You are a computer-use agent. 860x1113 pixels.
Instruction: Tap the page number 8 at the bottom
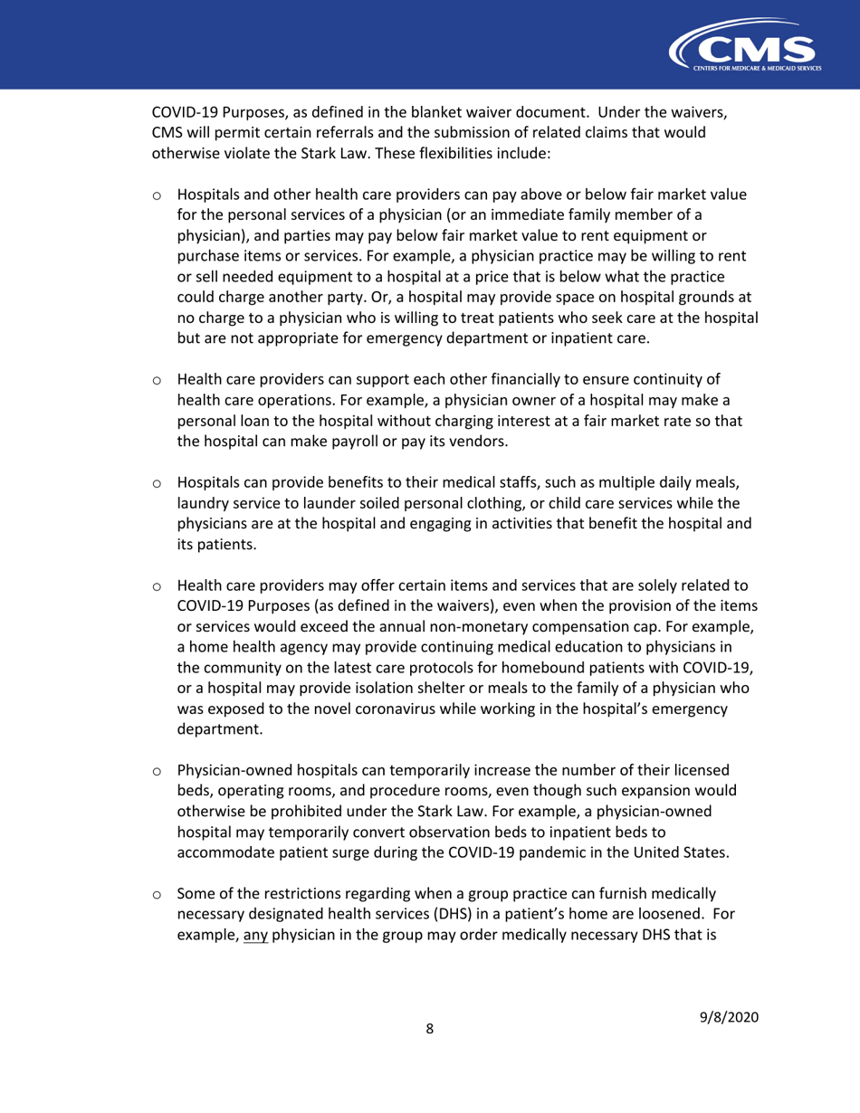pyautogui.click(x=430, y=1055)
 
